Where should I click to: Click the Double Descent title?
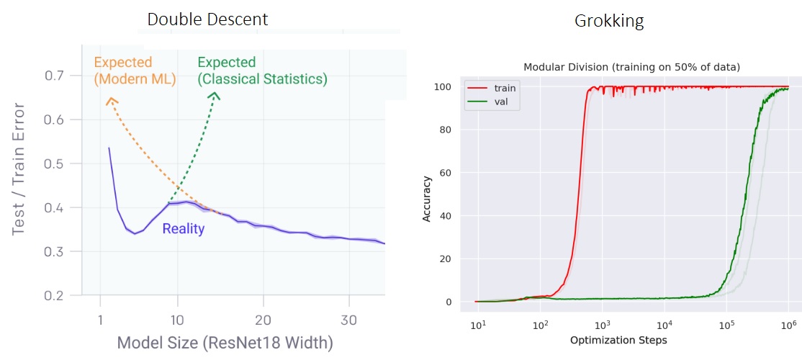(207, 19)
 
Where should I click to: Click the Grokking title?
(608, 21)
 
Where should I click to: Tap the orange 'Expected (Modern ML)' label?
(135, 71)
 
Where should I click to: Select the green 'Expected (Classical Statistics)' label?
(262, 71)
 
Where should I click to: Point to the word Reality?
(183, 229)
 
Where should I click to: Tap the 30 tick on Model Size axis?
(349, 320)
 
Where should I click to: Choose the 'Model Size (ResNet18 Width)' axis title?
(225, 342)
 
